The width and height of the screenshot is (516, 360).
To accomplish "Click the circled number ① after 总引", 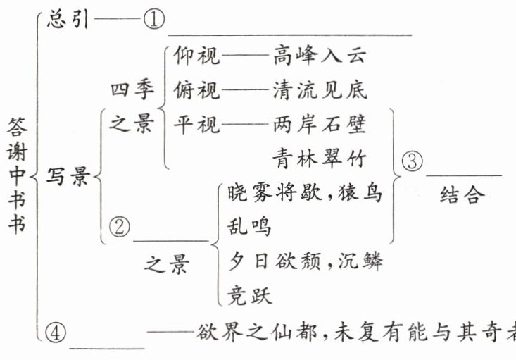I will pyautogui.click(x=153, y=20).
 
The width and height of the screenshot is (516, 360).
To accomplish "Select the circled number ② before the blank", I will pyautogui.click(x=121, y=226).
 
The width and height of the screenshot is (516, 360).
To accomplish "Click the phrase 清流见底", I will pyautogui.click(x=320, y=91).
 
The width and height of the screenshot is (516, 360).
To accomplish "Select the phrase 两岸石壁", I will pyautogui.click(x=320, y=125).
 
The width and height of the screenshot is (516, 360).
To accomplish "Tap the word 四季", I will pyautogui.click(x=131, y=91).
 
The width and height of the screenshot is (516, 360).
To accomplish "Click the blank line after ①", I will pyautogui.click(x=289, y=32).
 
